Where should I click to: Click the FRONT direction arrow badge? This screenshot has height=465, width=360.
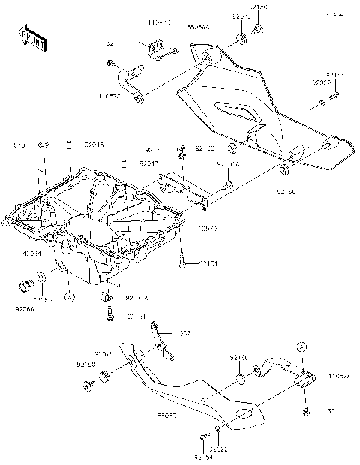point(29,34)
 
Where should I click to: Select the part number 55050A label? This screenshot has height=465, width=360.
point(199,26)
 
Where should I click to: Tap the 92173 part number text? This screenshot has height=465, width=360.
point(240,15)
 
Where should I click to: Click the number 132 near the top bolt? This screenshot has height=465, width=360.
point(109,43)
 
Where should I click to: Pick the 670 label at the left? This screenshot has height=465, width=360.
point(21,144)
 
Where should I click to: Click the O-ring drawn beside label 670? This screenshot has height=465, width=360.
point(43,144)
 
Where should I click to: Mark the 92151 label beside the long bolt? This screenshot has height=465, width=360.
point(209,264)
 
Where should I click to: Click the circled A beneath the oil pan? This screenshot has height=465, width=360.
point(68,298)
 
